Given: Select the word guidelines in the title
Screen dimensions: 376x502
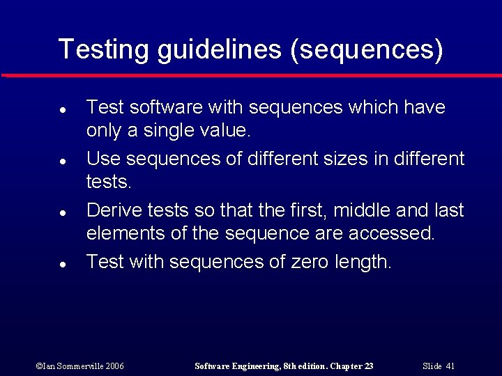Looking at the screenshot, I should (221, 49).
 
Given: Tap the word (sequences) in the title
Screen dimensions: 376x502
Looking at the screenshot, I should (367, 49).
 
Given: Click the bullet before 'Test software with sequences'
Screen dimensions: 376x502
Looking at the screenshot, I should (62, 110).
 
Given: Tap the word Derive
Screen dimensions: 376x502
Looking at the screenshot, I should (114, 210).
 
